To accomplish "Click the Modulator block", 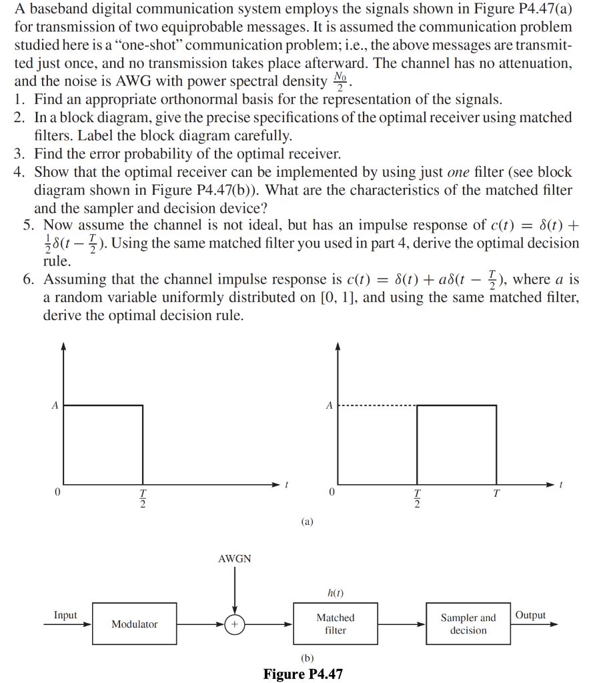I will click(134, 624).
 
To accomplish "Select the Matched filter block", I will click(335, 624).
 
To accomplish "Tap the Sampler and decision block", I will click(468, 624).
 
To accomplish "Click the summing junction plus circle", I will click(235, 624).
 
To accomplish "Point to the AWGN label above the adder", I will click(235, 559).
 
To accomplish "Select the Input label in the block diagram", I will click(65, 615).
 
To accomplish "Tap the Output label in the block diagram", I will click(530, 615).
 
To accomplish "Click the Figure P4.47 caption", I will click(303, 674).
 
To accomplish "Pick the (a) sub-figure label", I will click(307, 522).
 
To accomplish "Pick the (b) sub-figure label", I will click(307, 658).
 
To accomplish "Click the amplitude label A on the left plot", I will click(55, 405).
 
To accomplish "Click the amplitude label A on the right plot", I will click(328, 405).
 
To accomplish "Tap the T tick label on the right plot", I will click(496, 495).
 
